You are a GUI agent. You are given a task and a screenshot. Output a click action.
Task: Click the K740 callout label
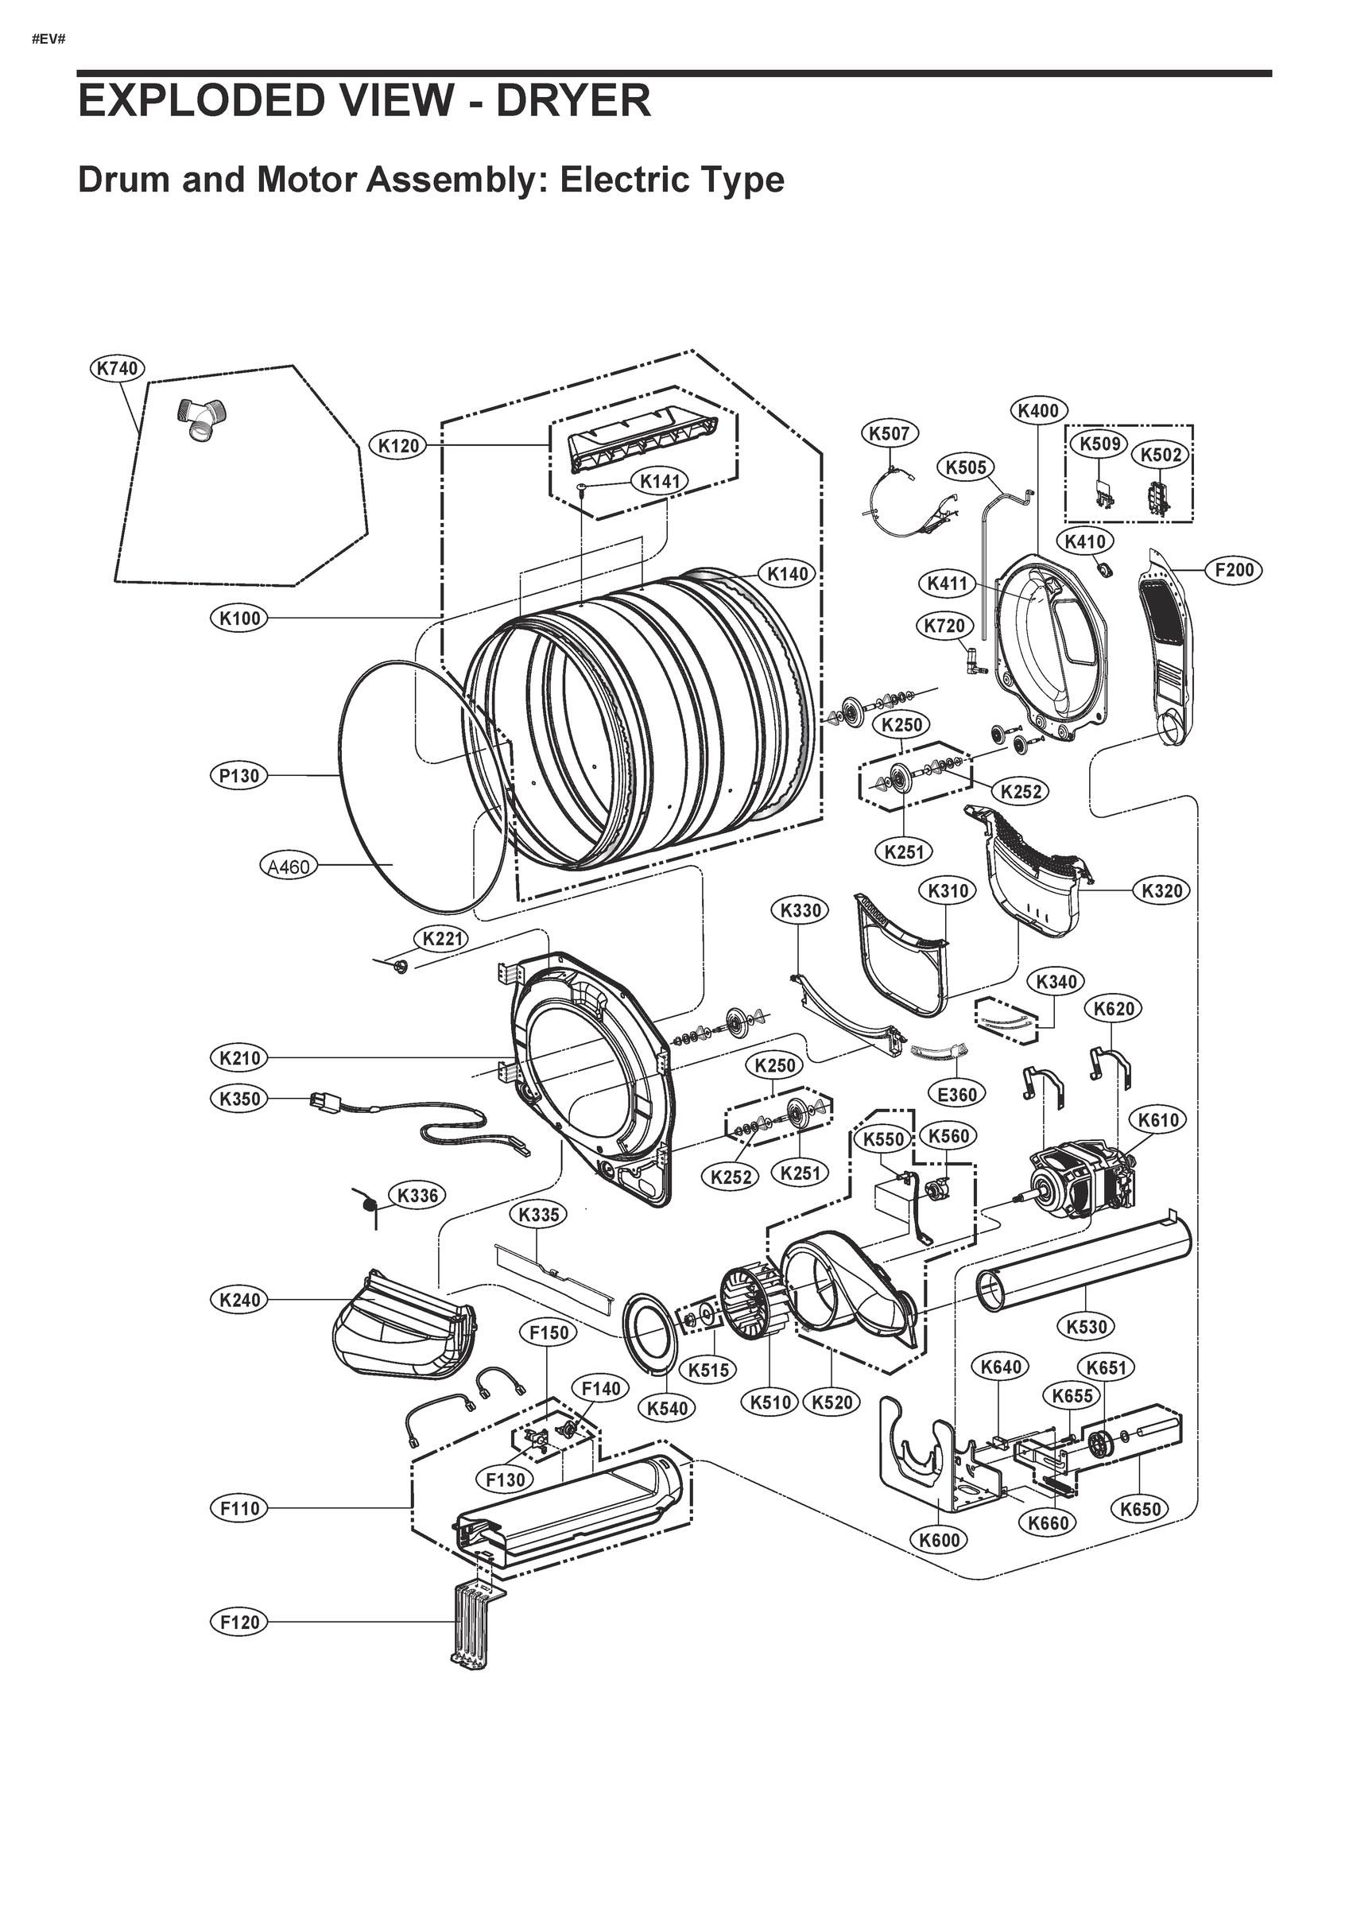tap(117, 368)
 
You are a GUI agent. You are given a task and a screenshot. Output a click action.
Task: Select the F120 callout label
tap(239, 1621)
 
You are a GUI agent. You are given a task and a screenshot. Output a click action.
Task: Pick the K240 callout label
tap(239, 1300)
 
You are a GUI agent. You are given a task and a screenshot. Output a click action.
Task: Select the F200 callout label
tap(1234, 570)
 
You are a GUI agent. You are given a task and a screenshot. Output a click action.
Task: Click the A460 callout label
tap(288, 867)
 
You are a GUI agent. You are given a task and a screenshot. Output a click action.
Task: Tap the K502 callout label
tap(1161, 455)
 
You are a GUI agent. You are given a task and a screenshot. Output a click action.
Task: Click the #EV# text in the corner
tap(48, 40)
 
